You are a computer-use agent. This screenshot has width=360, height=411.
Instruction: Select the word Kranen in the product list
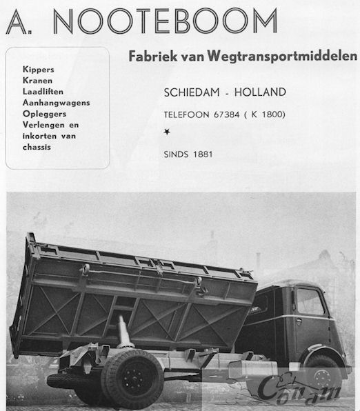[37, 81]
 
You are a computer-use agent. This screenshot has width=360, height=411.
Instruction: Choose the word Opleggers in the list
[43, 113]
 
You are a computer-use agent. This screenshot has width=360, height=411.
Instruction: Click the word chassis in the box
[37, 146]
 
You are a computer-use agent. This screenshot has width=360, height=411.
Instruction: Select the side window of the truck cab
[310, 302]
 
